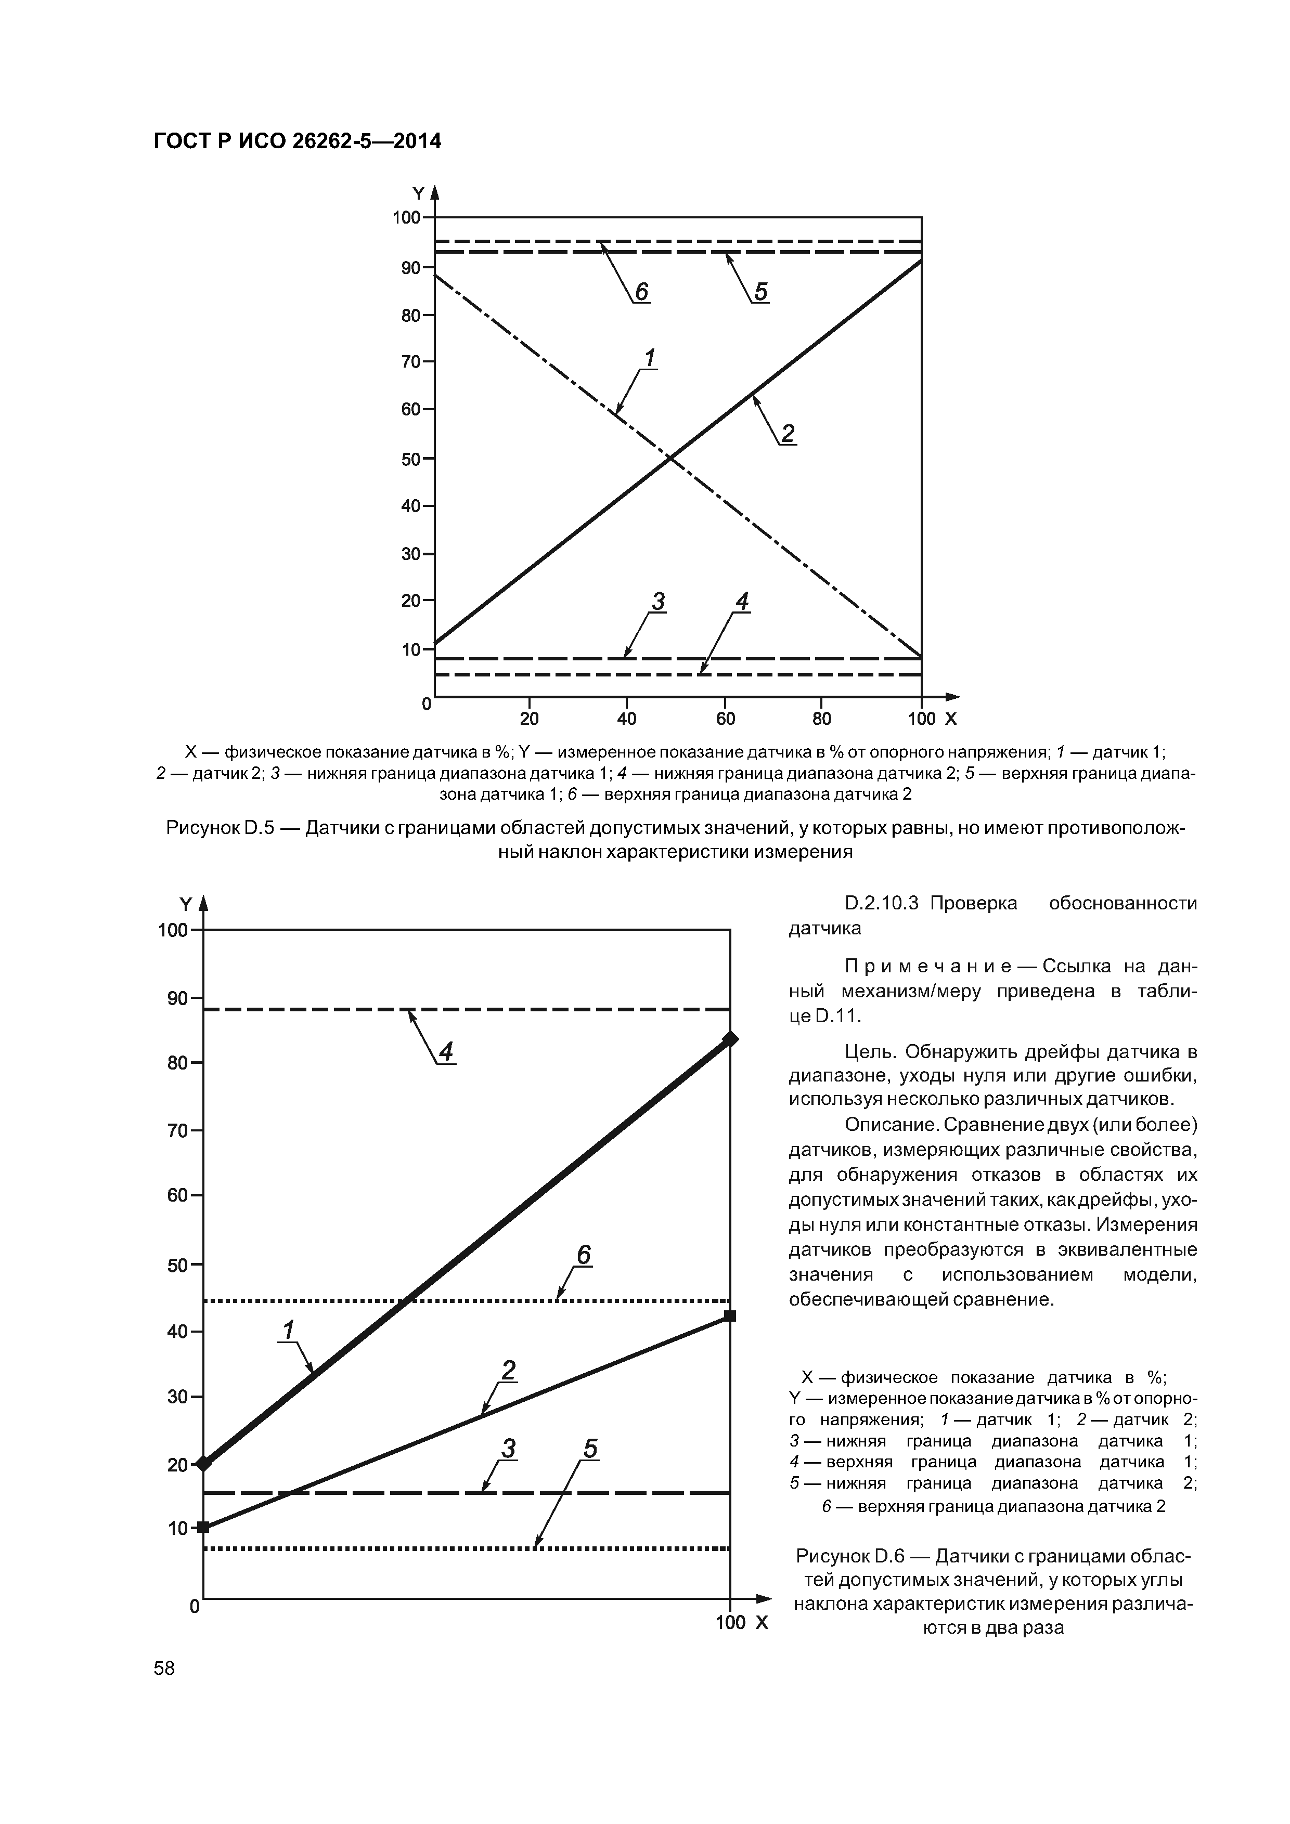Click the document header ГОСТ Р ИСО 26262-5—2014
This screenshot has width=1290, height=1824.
pyautogui.click(x=296, y=141)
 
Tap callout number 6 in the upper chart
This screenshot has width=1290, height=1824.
pyautogui.click(x=641, y=292)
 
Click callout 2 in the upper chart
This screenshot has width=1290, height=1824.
pyautogui.click(x=787, y=433)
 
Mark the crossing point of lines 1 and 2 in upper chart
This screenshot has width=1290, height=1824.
pyautogui.click(x=670, y=458)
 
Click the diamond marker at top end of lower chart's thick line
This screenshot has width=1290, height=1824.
pyautogui.click(x=730, y=1039)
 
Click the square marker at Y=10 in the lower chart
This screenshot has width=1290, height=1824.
pyautogui.click(x=203, y=1527)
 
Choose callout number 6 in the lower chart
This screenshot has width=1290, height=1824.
pyautogui.click(x=584, y=1255)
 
